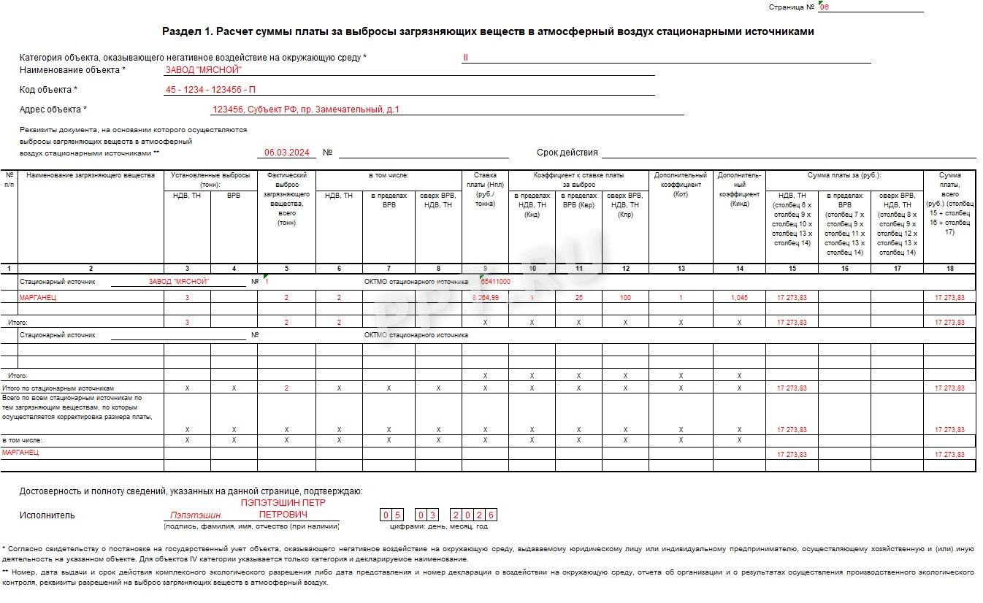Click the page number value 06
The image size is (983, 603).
[825, 7]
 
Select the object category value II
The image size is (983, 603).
[464, 57]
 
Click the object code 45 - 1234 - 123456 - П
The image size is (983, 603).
[210, 89]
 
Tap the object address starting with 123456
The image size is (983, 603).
[305, 110]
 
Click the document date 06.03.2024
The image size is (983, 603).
[286, 153]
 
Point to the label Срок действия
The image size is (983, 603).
[567, 153]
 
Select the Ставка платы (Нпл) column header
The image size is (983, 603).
[485, 189]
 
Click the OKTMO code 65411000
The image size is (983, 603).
[495, 281]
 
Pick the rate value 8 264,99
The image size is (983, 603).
[486, 298]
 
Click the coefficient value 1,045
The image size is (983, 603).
[739, 298]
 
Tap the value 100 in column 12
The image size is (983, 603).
[625, 298]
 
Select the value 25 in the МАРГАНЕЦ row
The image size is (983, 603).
[578, 298]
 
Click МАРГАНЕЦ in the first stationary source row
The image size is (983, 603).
[37, 298]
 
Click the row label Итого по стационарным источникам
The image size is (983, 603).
[58, 388]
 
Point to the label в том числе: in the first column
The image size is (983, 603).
[22, 440]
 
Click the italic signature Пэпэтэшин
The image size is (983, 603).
[195, 515]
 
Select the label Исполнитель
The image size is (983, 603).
[47, 515]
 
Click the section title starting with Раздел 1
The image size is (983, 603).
[487, 31]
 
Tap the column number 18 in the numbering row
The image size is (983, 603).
[949, 269]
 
